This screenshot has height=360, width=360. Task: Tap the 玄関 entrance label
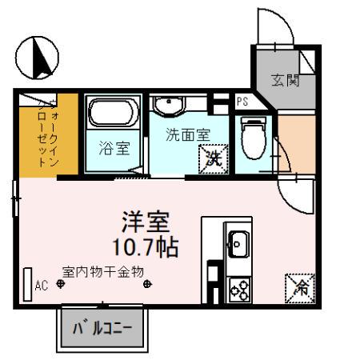coord(285,80)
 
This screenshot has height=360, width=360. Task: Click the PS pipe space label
coord(242,102)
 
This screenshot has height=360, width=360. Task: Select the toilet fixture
coord(254,136)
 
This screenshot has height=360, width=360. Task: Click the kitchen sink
coord(238,239)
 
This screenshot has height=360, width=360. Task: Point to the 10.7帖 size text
coord(146,243)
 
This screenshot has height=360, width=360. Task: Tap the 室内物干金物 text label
coord(103,271)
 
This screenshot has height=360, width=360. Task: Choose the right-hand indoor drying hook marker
coord(146,283)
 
